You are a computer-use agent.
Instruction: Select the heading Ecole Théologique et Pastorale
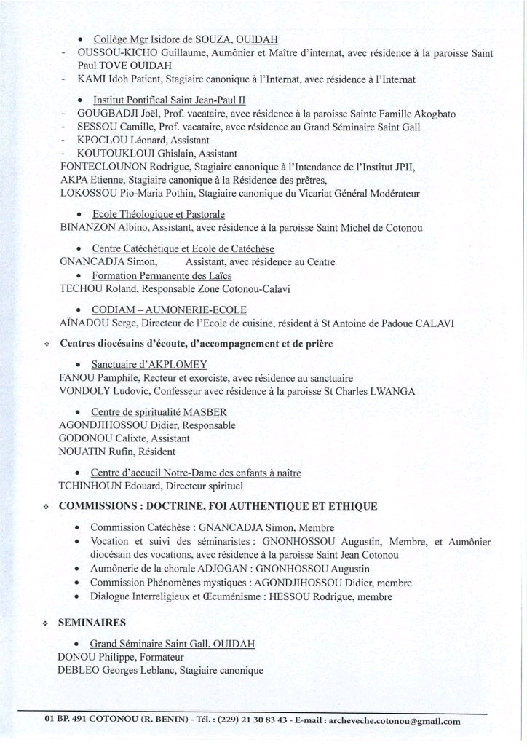click(159, 215)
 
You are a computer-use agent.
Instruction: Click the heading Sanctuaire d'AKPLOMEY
click(149, 364)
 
